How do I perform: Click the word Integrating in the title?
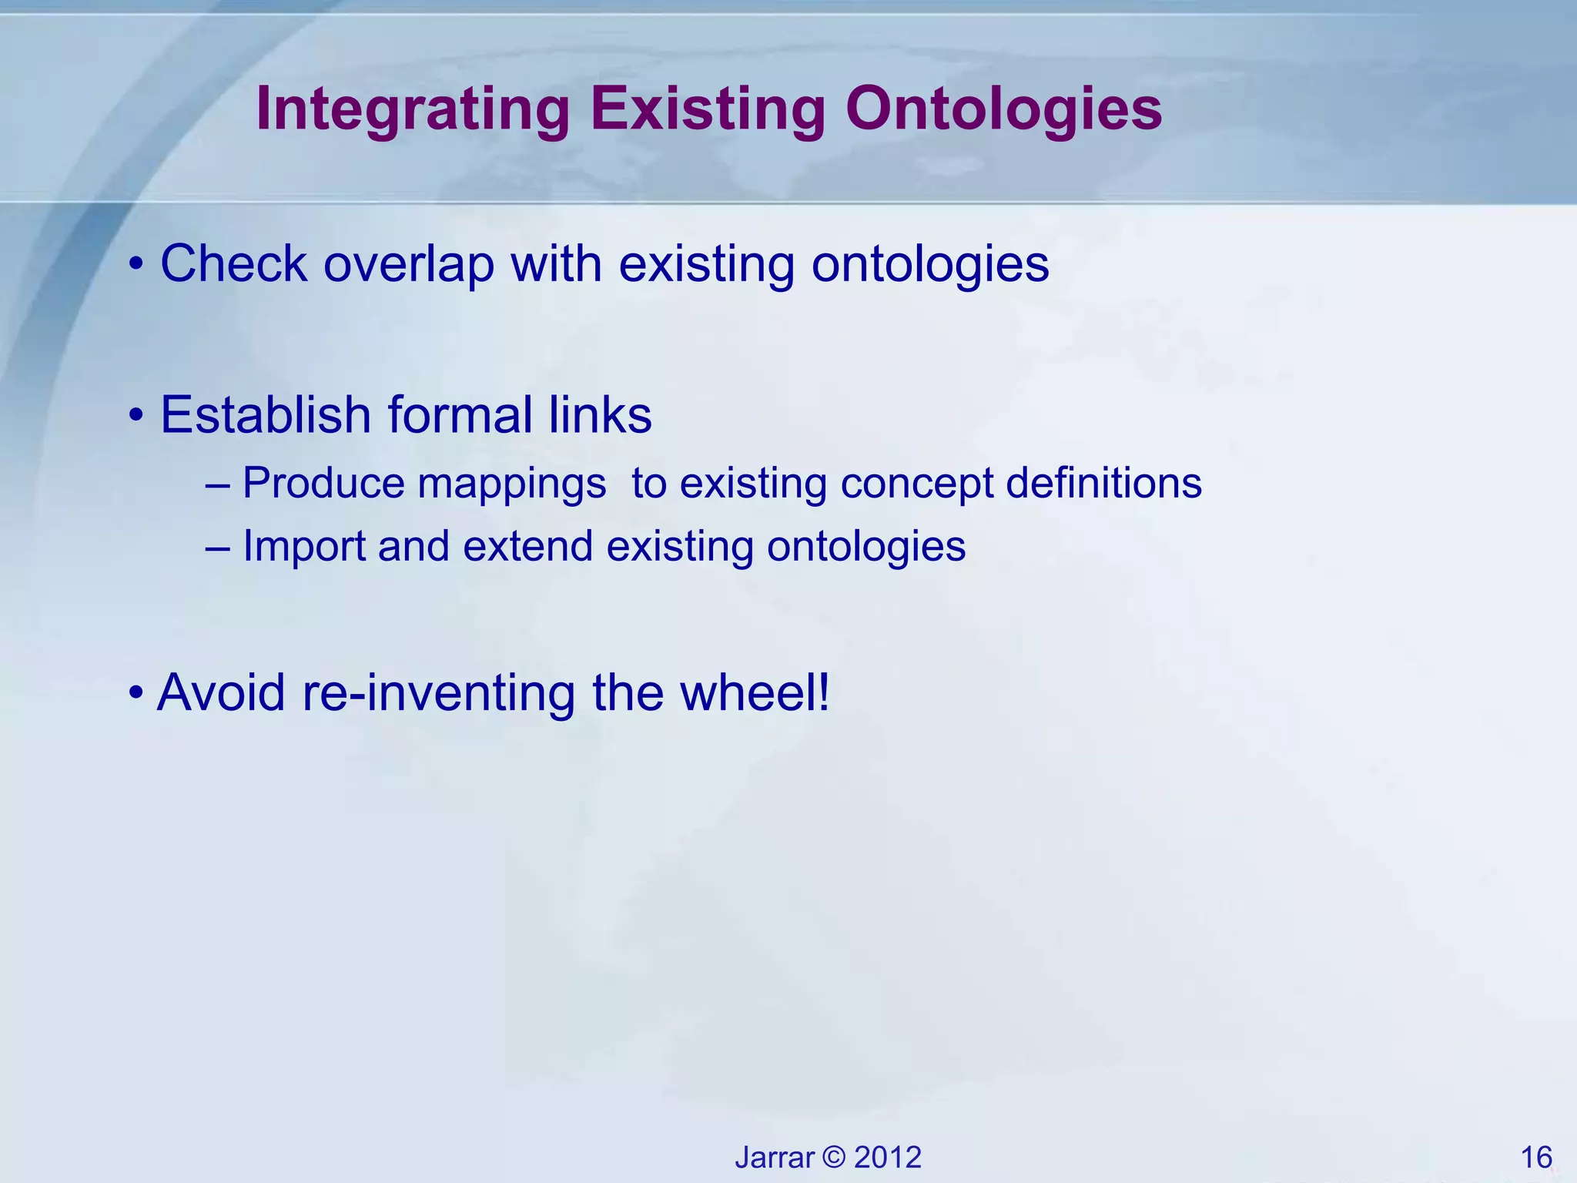[413, 110]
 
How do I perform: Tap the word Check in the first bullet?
[234, 264]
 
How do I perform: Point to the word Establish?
[266, 415]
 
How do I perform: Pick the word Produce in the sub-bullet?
[323, 484]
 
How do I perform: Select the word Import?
[304, 548]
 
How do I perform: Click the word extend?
[527, 546]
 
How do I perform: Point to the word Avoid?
[221, 692]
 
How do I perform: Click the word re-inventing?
[439, 692]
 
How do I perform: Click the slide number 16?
[1536, 1158]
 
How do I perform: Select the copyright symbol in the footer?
[834, 1158]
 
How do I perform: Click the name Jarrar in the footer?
[774, 1158]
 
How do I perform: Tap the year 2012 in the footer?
[888, 1158]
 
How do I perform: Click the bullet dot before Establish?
[136, 417]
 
